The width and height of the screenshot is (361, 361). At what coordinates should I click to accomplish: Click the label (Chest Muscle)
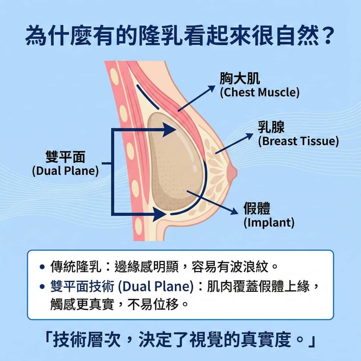260,92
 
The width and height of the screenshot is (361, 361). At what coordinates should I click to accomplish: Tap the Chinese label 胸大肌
239,79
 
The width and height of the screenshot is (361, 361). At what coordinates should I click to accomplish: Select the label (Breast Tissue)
298,141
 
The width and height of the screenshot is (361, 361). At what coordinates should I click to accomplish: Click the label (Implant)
269,223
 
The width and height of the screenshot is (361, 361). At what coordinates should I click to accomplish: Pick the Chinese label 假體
257,209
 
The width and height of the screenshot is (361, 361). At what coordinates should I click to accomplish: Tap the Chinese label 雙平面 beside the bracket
65,157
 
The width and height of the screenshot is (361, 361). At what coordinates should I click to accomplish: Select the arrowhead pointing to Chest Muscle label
212,88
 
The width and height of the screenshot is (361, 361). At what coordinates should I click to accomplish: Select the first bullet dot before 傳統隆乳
42,266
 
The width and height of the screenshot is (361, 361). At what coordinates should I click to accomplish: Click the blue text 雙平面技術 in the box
82,287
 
